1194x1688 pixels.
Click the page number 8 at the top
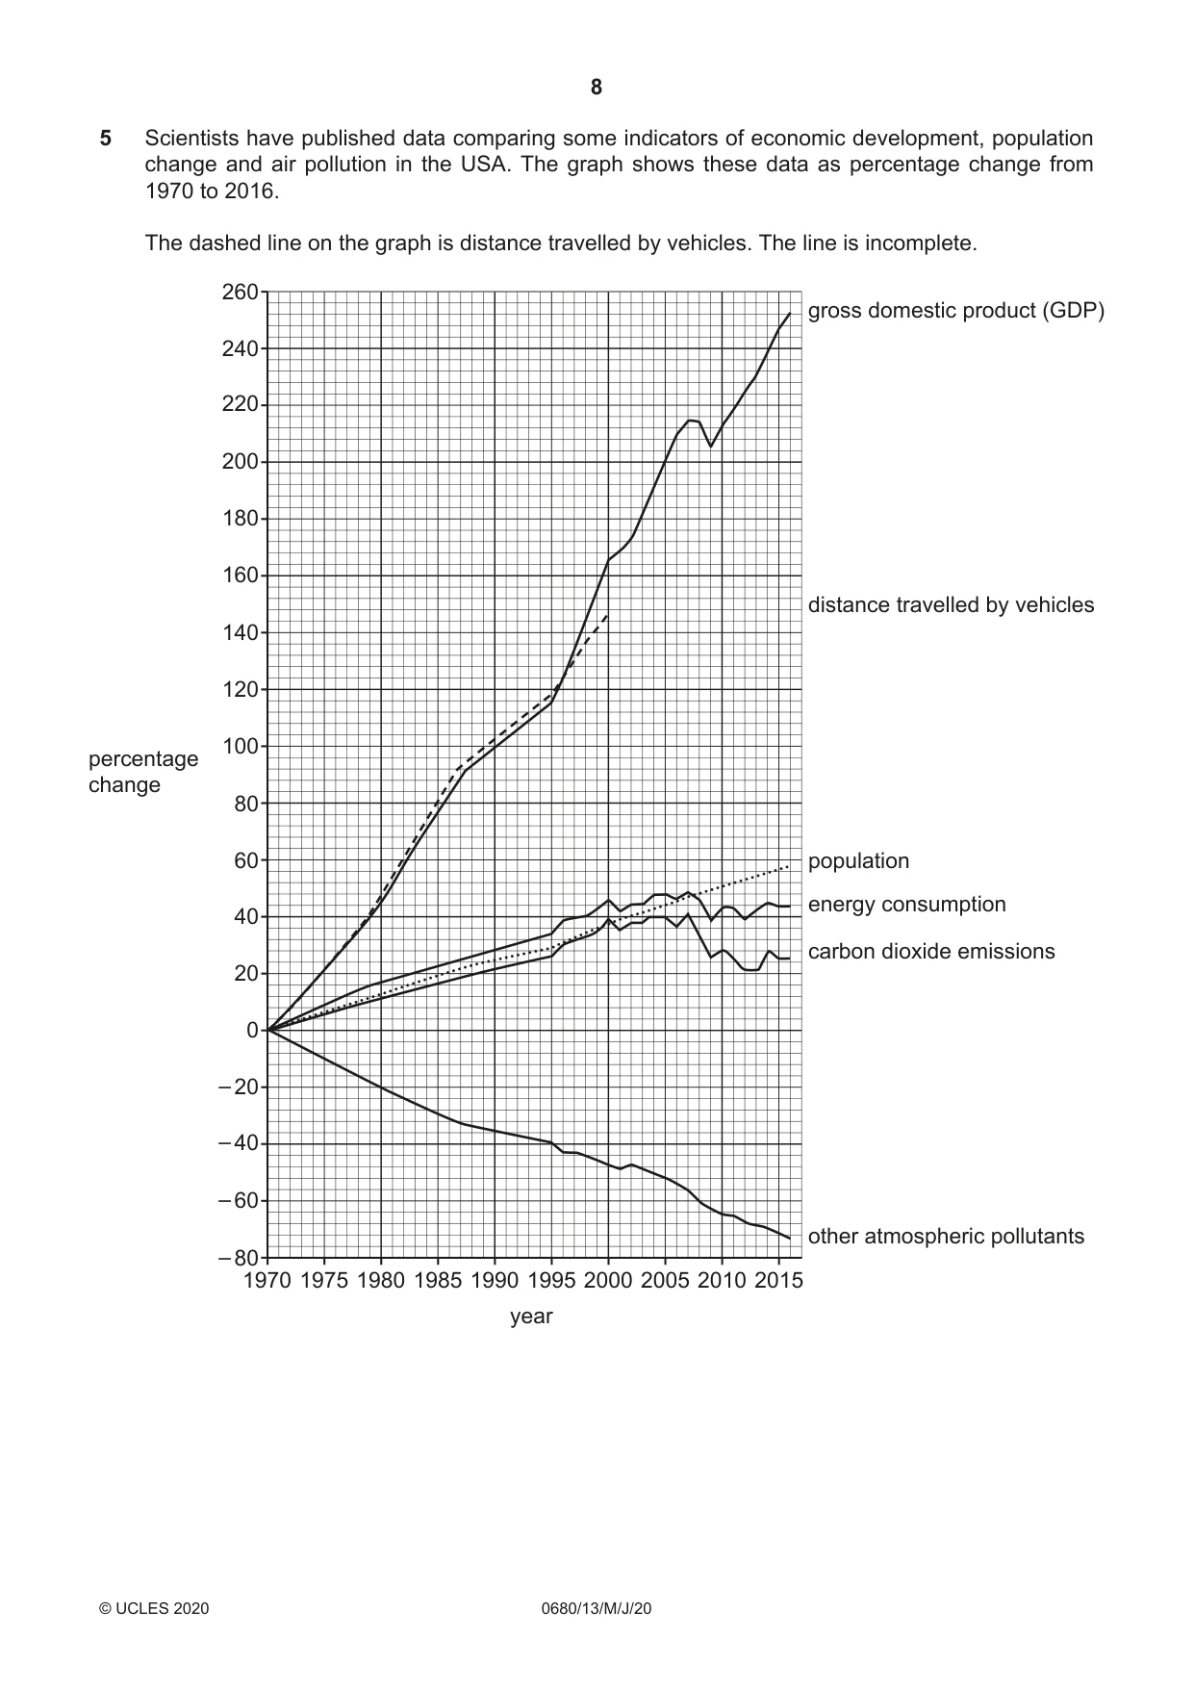597,88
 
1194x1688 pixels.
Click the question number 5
106,139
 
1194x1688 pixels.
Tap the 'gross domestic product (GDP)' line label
956,311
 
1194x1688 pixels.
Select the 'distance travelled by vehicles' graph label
951,605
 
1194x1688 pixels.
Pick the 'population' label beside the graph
858,861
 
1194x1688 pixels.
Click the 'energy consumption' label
906,905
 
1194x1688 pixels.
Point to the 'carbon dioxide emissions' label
931,952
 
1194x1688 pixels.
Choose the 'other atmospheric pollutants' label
946,1237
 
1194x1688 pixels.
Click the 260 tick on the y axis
240,292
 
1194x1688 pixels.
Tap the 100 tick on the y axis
240,747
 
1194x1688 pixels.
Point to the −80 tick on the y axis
238,1259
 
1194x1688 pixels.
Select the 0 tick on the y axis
253,1031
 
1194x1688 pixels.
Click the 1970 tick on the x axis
267,1281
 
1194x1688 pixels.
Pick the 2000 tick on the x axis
608,1281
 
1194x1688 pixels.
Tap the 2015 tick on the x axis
778,1281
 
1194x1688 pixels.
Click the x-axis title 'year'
531,1317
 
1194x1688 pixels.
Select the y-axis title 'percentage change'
143,772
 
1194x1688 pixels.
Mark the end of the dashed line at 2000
608,614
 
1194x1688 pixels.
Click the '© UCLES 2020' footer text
154,1608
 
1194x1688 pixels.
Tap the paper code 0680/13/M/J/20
597,1608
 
